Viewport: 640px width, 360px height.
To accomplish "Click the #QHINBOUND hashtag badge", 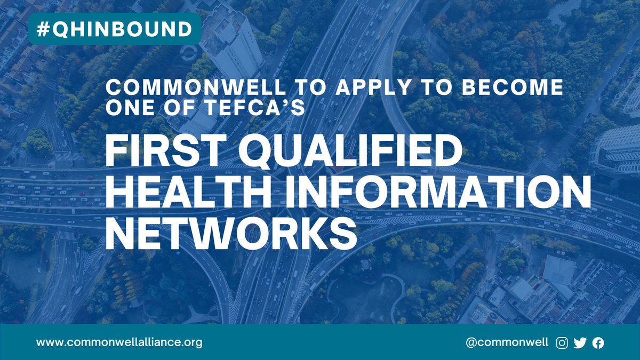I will [x=114, y=29].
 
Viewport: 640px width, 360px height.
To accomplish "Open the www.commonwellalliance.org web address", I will [x=119, y=342].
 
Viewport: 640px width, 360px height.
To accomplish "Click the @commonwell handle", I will [x=507, y=342].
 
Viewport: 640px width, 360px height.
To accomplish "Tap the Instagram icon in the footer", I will [x=562, y=343].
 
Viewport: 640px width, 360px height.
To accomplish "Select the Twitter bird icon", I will [x=580, y=343].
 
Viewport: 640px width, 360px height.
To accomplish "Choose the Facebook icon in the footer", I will [x=598, y=343].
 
